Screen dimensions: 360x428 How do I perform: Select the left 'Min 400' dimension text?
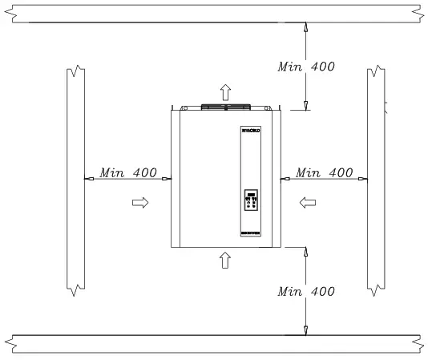127,172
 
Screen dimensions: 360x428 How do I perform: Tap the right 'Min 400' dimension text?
325,172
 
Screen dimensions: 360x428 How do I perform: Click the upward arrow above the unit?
226,91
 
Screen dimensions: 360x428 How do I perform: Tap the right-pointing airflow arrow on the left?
140,204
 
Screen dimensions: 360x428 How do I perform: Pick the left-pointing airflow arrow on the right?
306,204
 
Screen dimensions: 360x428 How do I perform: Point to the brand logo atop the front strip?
252,130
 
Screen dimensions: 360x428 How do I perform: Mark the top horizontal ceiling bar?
214,12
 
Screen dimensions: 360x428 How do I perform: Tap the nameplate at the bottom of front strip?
252,233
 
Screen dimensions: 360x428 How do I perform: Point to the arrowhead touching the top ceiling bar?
305,26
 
